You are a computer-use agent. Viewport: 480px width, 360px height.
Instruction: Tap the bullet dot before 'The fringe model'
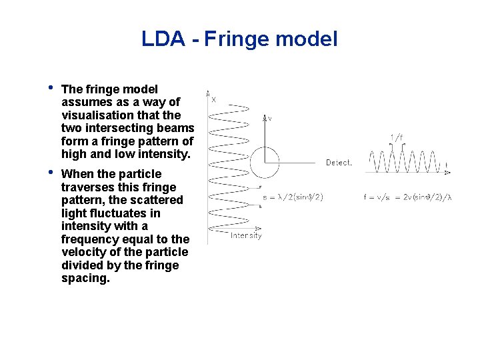50,88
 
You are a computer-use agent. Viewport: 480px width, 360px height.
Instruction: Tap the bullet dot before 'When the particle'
50,173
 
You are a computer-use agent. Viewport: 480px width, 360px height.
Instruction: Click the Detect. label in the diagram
339,163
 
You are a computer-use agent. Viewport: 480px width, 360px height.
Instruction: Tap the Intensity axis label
246,235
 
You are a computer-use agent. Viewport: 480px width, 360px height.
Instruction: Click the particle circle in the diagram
265,163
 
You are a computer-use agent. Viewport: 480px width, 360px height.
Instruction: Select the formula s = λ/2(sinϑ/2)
293,197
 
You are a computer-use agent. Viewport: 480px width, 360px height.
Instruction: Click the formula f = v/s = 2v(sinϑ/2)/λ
407,197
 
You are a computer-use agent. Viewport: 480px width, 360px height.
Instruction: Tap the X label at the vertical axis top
213,100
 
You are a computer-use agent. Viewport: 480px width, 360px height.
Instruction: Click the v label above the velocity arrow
269,119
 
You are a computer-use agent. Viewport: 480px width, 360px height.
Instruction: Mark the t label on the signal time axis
447,163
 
